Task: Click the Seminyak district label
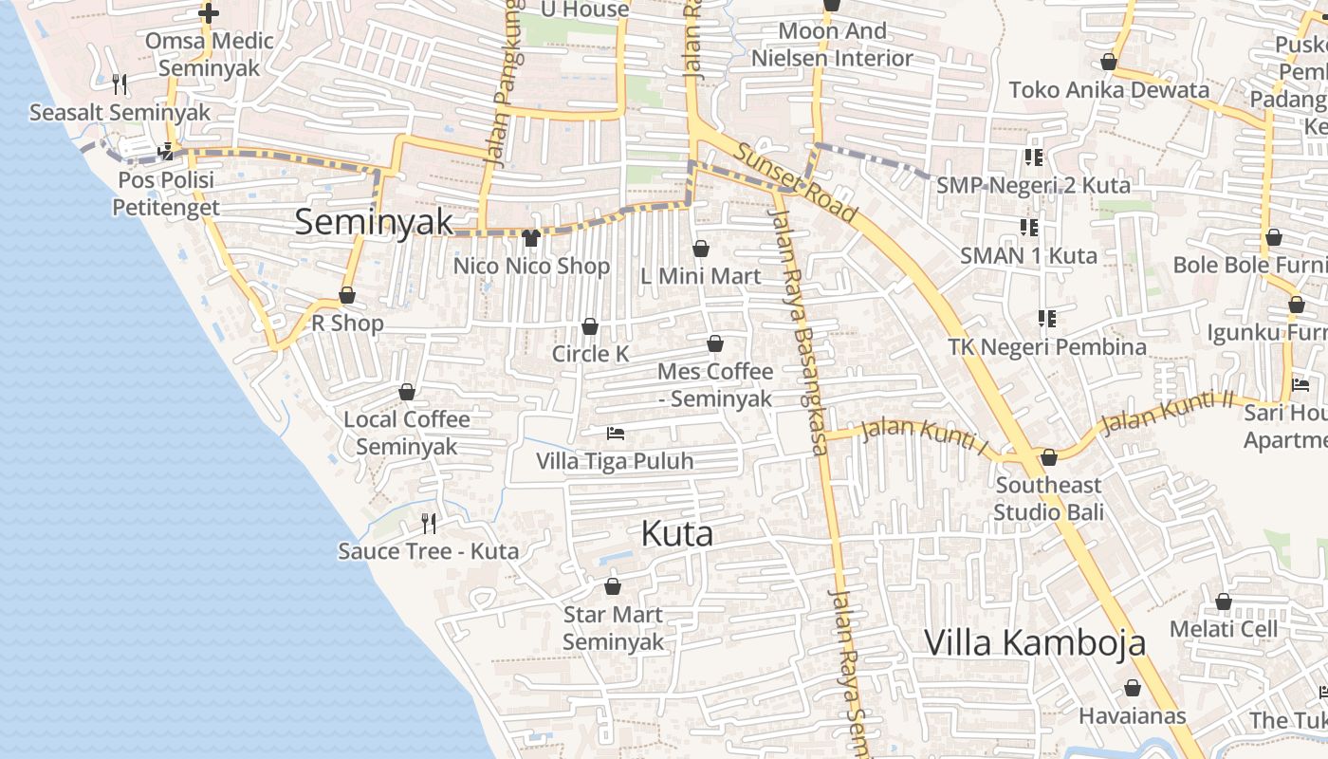[374, 222]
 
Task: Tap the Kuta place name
[676, 534]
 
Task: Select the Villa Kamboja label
[1035, 642]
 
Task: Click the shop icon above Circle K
[590, 327]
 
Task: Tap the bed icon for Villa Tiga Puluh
[616, 434]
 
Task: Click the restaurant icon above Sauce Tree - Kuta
[429, 523]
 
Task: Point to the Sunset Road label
[795, 183]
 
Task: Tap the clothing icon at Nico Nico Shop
[531, 238]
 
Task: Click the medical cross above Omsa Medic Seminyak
[209, 13]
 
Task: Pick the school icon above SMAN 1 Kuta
[1029, 228]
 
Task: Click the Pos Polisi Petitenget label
[166, 194]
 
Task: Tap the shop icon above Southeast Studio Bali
[1048, 458]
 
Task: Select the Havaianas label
[1133, 715]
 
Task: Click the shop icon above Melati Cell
[1224, 602]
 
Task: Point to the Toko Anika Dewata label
[1109, 90]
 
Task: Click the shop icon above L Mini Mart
[701, 250]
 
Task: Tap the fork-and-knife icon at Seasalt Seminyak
[120, 84]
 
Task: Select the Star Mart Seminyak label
[613, 628]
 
